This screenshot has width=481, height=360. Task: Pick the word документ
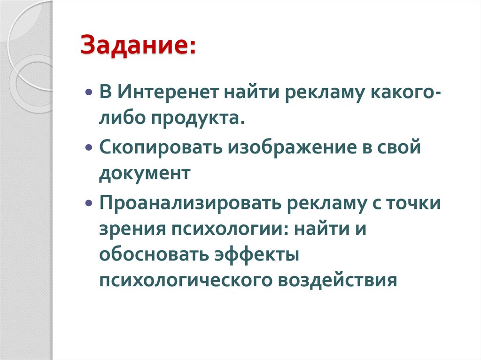(145, 174)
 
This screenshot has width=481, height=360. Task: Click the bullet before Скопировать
(89, 148)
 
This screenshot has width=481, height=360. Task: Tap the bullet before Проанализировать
(89, 204)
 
